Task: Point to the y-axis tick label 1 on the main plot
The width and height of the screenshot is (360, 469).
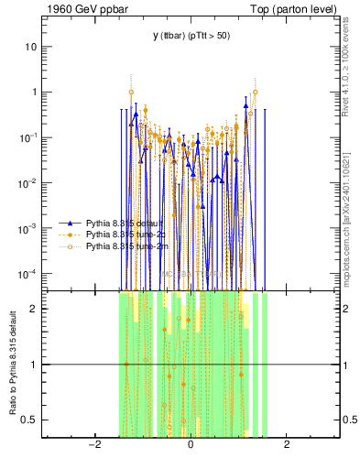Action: (35, 93)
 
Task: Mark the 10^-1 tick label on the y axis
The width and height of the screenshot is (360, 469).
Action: (29, 137)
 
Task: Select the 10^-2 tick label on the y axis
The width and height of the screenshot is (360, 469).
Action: (29, 183)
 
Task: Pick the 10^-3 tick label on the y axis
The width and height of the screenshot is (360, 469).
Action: (29, 228)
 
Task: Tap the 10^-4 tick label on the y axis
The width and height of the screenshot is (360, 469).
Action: (29, 274)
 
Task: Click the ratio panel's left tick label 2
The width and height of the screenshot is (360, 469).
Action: (35, 309)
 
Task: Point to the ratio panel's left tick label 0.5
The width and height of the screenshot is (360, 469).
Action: (31, 420)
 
